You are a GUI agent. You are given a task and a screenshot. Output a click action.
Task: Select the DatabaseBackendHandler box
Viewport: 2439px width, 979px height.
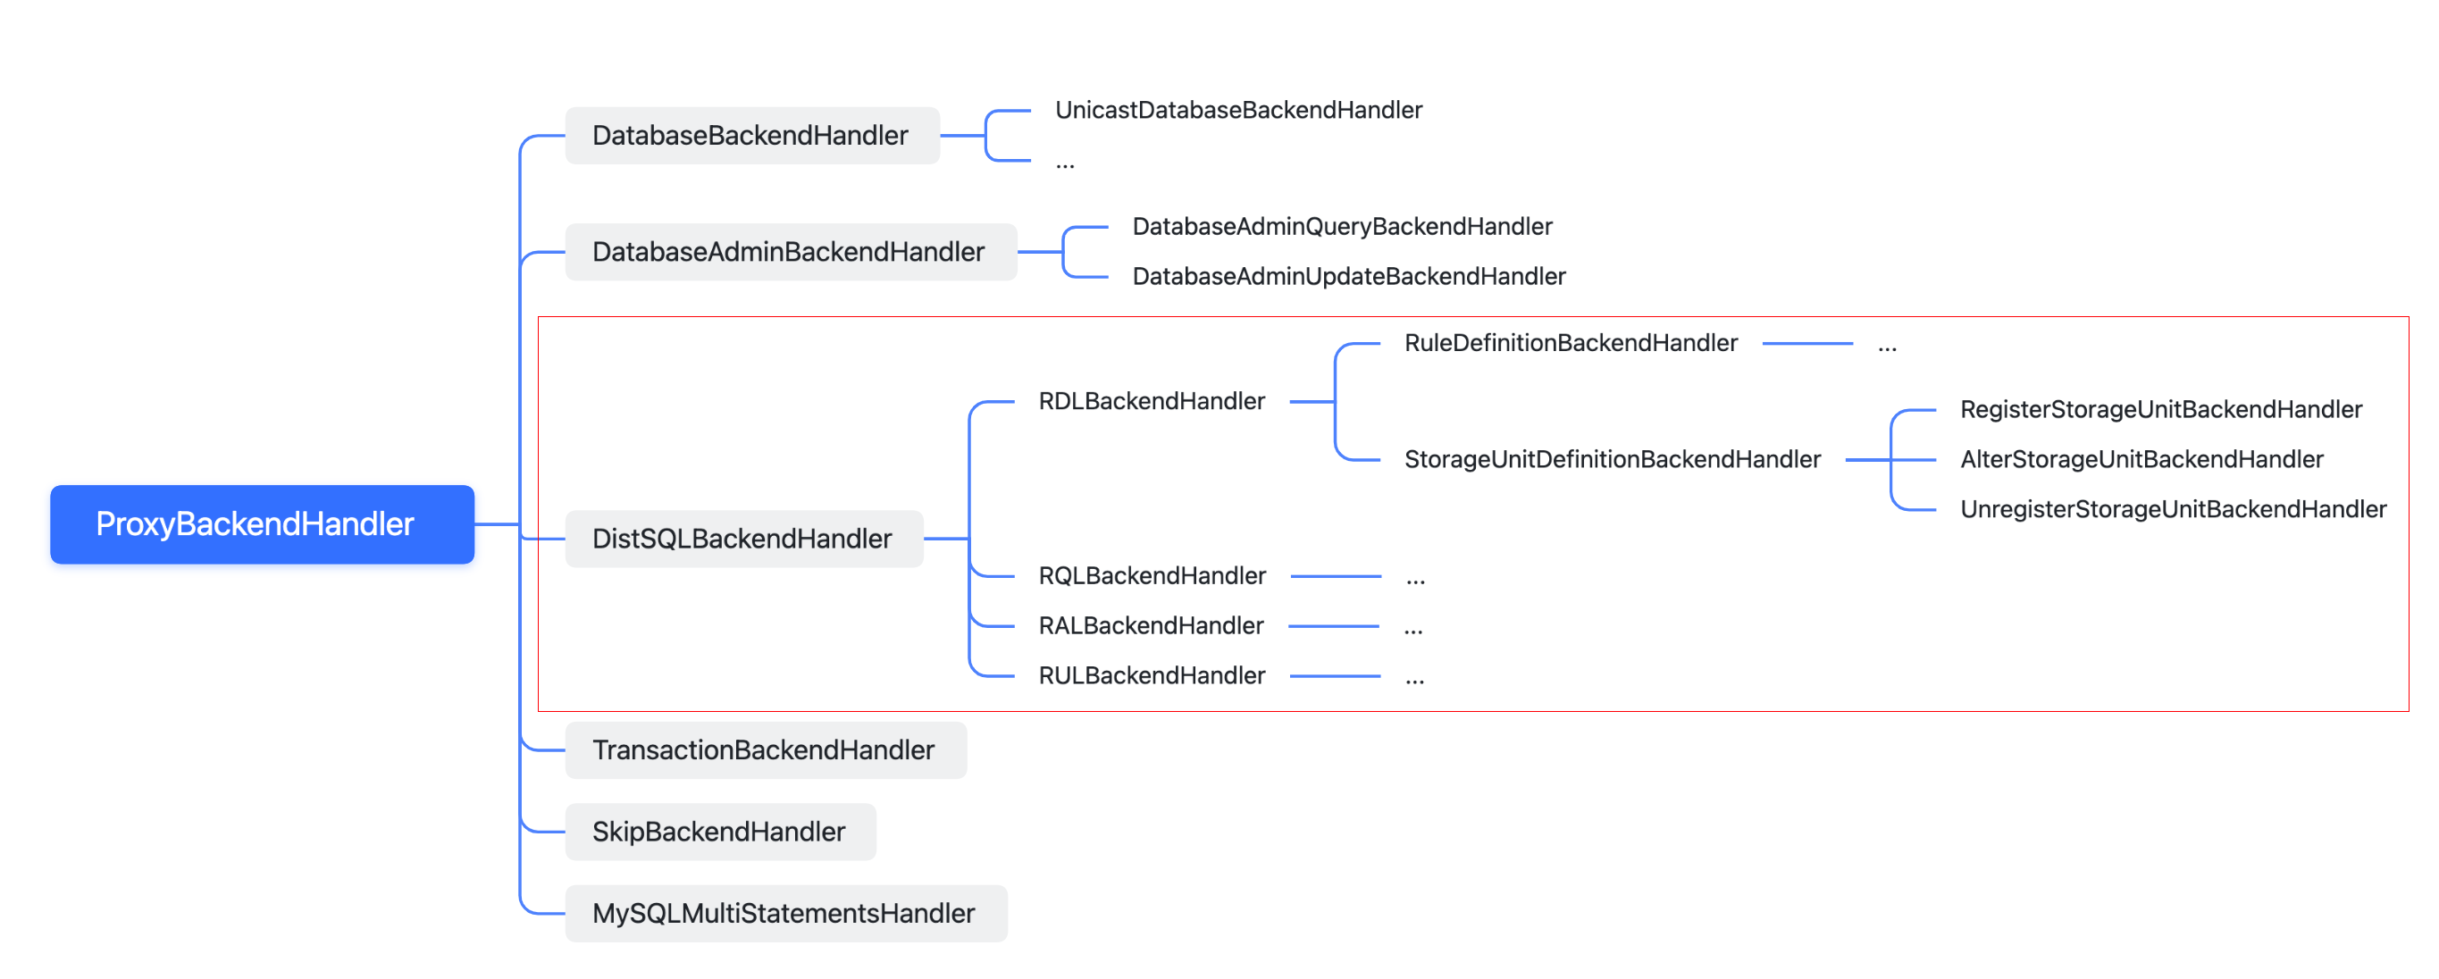751,136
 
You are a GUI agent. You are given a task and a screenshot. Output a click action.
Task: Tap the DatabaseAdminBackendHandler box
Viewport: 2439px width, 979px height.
790,252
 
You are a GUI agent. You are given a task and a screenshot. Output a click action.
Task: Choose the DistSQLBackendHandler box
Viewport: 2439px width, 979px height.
743,539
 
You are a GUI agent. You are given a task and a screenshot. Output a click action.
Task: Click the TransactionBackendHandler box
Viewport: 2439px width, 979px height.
765,749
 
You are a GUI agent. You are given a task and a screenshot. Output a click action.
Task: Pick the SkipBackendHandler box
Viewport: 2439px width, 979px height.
719,832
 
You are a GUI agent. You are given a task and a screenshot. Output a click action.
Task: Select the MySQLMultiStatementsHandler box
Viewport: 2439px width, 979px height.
785,913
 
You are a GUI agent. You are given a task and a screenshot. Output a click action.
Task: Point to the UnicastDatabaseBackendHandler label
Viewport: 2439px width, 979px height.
1238,110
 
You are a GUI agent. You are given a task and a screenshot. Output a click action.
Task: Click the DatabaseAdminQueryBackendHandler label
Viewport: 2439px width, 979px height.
1342,226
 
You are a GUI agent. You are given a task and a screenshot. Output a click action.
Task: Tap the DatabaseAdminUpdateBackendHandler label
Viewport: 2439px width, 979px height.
1348,277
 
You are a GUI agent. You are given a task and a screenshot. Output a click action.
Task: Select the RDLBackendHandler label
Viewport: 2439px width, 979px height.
1152,401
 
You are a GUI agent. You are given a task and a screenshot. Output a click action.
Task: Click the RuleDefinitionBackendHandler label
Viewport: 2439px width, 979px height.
1571,343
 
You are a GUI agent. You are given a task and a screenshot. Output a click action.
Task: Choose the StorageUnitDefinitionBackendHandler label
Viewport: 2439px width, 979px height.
1612,459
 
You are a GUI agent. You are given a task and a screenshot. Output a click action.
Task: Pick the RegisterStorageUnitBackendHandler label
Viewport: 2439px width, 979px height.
2160,409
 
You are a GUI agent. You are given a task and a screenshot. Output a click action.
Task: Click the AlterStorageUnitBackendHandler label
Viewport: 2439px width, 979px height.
2141,459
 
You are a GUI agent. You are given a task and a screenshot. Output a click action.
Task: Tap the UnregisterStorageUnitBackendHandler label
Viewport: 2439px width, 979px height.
2173,509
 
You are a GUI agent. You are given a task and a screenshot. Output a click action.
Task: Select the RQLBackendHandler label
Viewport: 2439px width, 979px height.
1152,575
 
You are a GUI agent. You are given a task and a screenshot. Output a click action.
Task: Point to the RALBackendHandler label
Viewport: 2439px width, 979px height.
1151,626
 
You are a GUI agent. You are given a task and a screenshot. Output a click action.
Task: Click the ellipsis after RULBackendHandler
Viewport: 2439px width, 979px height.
1414,678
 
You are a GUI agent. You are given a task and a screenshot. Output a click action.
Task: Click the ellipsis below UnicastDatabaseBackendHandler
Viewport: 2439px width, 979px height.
1065,164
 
